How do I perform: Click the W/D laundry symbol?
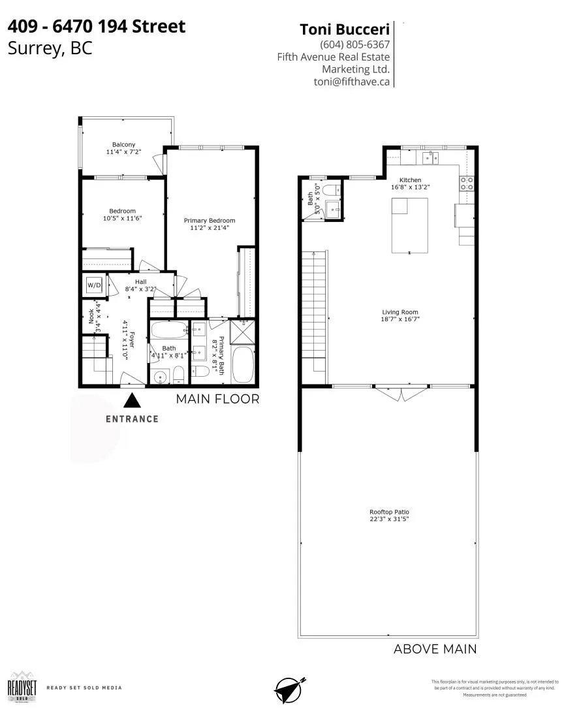click(x=94, y=285)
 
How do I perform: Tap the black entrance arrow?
click(x=133, y=400)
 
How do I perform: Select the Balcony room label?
click(x=123, y=144)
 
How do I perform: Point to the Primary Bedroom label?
click(x=209, y=221)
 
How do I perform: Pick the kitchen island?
click(x=410, y=225)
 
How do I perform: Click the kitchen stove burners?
click(x=467, y=183)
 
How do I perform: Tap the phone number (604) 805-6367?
click(x=354, y=45)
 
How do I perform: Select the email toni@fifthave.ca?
click(x=352, y=82)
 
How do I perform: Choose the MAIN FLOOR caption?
click(x=217, y=399)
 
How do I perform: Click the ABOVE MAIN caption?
click(x=435, y=649)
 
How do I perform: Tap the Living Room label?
click(x=400, y=312)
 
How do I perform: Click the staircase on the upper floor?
click(x=314, y=313)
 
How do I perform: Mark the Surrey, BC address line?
click(x=50, y=48)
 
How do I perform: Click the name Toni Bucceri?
click(x=344, y=29)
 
